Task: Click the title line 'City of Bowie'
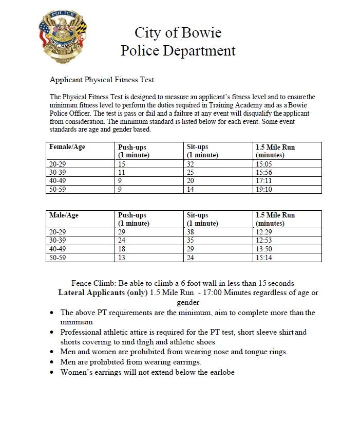[178, 33]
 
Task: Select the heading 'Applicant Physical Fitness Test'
[102, 80]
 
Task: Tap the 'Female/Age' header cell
[67, 147]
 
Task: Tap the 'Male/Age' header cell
[64, 215]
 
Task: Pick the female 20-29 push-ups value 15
[122, 164]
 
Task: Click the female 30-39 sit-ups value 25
[191, 173]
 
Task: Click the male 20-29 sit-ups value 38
[191, 232]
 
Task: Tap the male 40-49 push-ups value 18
[122, 249]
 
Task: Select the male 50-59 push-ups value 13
[122, 258]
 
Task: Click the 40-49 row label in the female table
[58, 181]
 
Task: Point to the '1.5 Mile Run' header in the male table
[275, 215]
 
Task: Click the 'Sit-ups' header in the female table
[198, 147]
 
